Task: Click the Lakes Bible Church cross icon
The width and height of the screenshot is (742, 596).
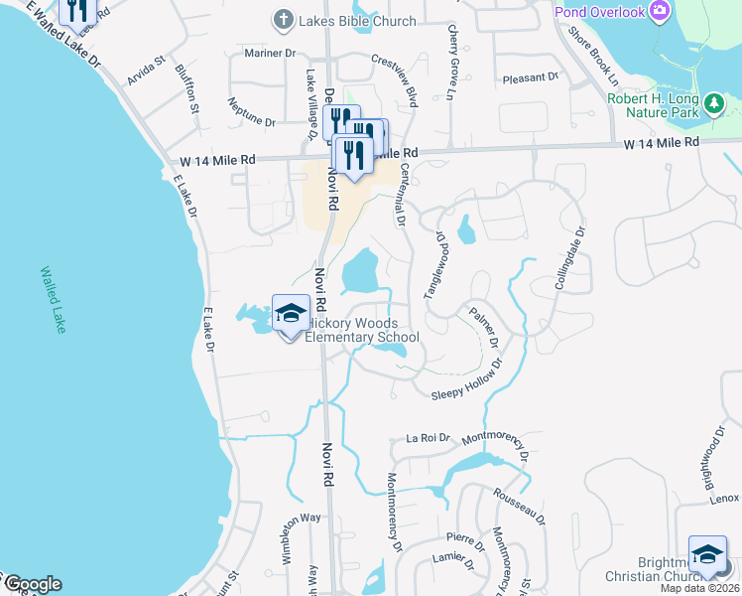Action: click(283, 19)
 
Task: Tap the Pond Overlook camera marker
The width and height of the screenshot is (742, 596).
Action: click(661, 12)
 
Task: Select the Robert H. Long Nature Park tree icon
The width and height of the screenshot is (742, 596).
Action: click(713, 102)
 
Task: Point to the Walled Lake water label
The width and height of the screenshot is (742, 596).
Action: click(51, 298)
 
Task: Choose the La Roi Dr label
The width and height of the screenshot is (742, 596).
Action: click(429, 437)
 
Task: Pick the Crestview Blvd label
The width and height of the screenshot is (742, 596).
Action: click(396, 75)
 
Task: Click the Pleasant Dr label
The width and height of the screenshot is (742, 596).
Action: click(524, 77)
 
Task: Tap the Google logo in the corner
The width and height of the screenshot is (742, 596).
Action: click(32, 584)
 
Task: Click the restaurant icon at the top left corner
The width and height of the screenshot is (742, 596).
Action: click(76, 10)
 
